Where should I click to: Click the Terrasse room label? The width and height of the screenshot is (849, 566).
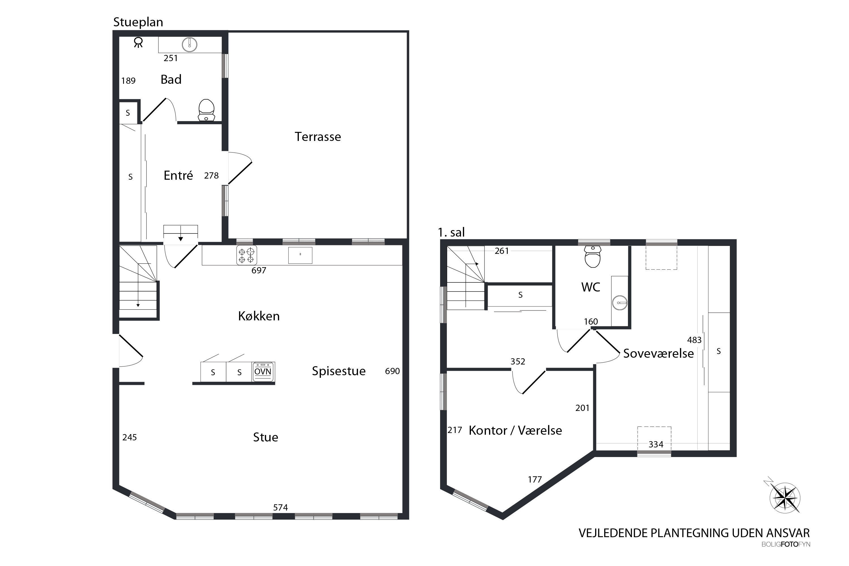click(x=318, y=137)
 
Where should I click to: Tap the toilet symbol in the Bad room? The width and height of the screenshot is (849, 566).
click(x=207, y=110)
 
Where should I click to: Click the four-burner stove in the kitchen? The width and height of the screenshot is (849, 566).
click(x=246, y=255)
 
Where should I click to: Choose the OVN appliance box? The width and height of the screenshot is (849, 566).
click(x=263, y=372)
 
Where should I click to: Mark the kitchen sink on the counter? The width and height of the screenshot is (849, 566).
click(x=300, y=255)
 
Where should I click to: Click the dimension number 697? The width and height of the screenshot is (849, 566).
click(x=259, y=270)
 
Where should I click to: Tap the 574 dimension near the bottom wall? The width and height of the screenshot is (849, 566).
click(x=280, y=507)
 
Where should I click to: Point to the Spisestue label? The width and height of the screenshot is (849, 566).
click(x=338, y=371)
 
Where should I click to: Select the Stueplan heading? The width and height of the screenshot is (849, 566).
click(x=138, y=22)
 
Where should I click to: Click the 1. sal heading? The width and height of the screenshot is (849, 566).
click(x=451, y=232)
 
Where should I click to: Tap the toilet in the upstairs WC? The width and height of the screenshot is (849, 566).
click(x=592, y=257)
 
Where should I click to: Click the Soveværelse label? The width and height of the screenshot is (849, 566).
click(x=659, y=354)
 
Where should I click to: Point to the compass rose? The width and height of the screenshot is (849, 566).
click(x=784, y=498)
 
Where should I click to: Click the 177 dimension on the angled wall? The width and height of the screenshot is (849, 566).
click(x=535, y=479)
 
